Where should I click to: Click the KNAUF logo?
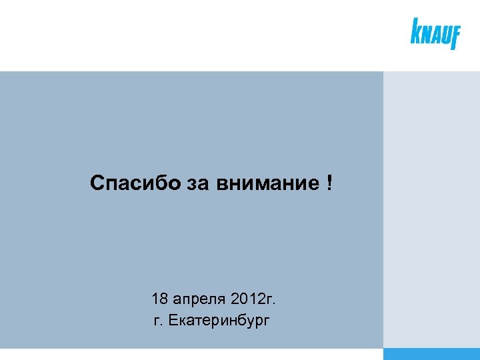pos(435,33)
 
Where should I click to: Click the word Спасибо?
pos(135,183)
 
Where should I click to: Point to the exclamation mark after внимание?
pos(330,182)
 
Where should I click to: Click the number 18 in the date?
pos(160,298)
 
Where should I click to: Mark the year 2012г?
pos(253,298)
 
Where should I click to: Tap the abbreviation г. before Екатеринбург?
pos(159,322)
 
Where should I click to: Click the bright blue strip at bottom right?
pos(431,354)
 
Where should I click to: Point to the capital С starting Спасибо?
pos(97,183)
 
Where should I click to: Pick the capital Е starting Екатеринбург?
pos(174,321)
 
